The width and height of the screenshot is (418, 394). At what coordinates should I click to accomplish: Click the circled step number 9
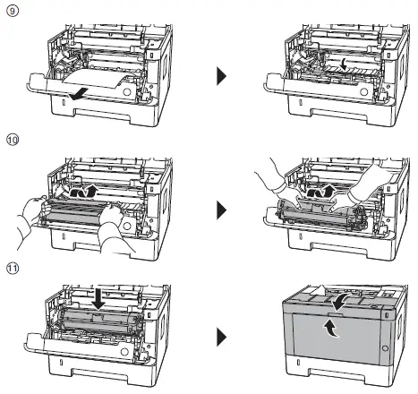coord(10,12)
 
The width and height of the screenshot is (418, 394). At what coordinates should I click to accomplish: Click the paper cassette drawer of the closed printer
coord(340,370)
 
